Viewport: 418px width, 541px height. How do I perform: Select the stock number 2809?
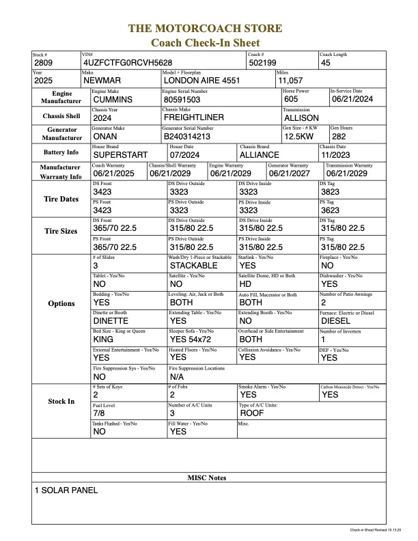pyautogui.click(x=45, y=63)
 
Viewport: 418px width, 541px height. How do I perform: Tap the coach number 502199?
pyautogui.click(x=263, y=63)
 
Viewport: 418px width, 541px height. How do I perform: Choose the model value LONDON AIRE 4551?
pyautogui.click(x=197, y=81)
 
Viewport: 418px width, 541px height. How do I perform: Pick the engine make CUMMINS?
pyautogui.click(x=117, y=99)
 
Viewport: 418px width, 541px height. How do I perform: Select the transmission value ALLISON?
pyautogui.click(x=301, y=117)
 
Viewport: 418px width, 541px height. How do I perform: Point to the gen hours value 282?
pyautogui.click(x=339, y=136)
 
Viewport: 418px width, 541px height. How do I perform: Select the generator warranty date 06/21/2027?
pyautogui.click(x=291, y=174)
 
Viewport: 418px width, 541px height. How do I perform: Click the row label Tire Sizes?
pyautogui.click(x=61, y=231)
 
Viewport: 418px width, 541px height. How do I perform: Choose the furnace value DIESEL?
pyautogui.click(x=336, y=320)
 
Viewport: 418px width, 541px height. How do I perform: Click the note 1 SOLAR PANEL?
pyautogui.click(x=66, y=490)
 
